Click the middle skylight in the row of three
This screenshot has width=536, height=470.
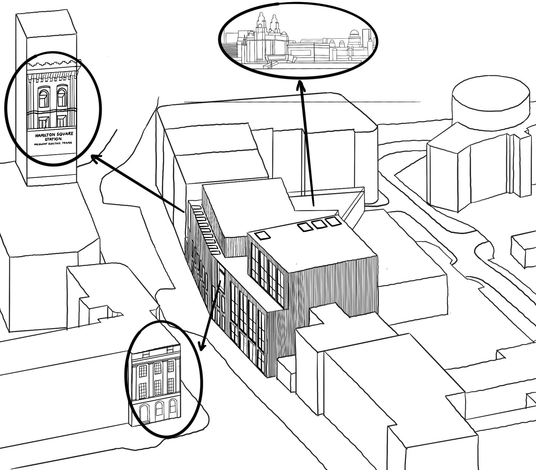(x=319, y=224)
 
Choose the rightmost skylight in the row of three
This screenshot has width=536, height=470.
(x=333, y=221)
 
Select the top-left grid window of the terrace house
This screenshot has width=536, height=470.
(x=142, y=371)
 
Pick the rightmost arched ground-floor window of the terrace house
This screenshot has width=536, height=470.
(x=172, y=406)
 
